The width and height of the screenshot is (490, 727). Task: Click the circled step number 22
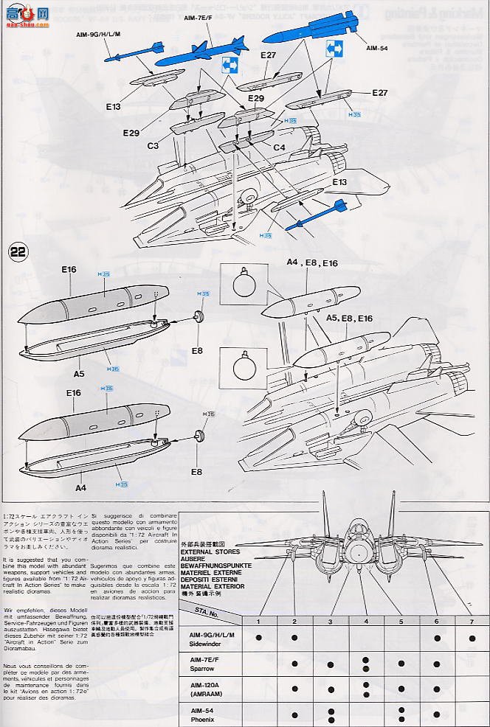(18, 251)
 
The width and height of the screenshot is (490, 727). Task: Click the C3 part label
(153, 146)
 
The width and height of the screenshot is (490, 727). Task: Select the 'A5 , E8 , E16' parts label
(349, 318)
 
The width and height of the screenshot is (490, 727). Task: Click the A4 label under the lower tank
(80, 487)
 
